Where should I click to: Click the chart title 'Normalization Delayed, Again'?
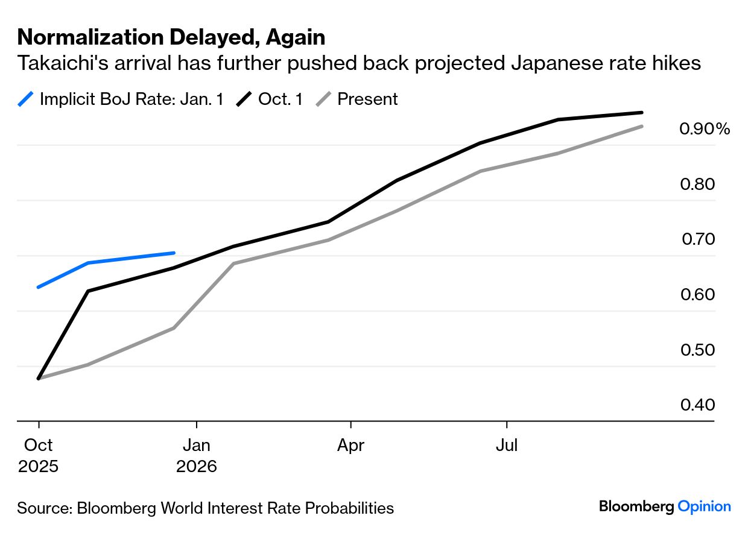(x=171, y=37)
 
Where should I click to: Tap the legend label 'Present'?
(x=367, y=99)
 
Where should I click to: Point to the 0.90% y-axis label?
(x=704, y=129)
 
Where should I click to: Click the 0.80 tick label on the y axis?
(x=697, y=184)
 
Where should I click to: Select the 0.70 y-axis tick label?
(x=698, y=239)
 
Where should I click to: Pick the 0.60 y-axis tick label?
(x=697, y=294)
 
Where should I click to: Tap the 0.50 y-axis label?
(x=697, y=350)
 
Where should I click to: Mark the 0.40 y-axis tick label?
(x=697, y=405)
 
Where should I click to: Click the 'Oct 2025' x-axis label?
(x=39, y=455)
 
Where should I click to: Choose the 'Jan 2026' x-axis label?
(x=197, y=455)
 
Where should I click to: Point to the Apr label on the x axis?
(x=350, y=446)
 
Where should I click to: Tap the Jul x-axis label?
(x=507, y=446)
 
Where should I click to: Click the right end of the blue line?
(x=174, y=253)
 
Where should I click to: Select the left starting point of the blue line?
(x=38, y=287)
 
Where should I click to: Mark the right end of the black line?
(x=642, y=112)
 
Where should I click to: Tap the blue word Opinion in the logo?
(x=704, y=506)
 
